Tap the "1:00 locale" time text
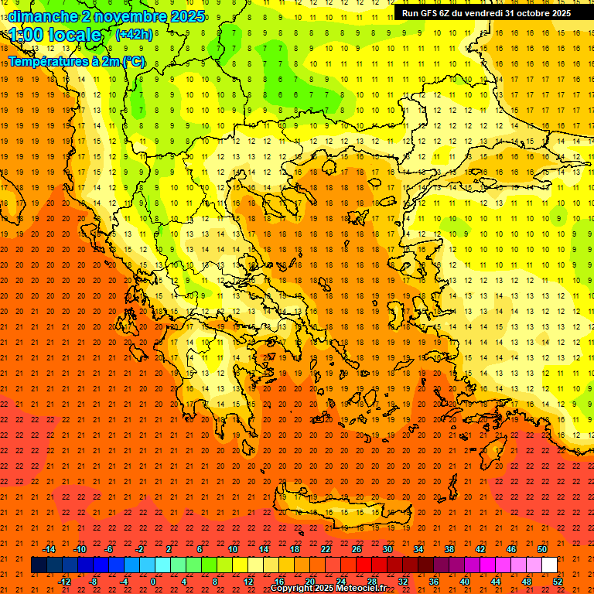[x=55, y=36]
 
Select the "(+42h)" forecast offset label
[x=134, y=35]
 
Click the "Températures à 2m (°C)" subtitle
[x=76, y=60]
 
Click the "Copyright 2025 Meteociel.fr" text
[x=328, y=589]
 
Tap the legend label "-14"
[x=49, y=549]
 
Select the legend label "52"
[x=558, y=582]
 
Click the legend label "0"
[x=153, y=582]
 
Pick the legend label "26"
[x=357, y=549]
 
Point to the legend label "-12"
[x=64, y=582]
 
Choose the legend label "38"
[x=449, y=549]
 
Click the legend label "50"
[x=541, y=549]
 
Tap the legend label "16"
[x=279, y=582]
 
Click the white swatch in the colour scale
[x=549, y=565]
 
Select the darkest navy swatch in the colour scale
[x=39, y=565]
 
